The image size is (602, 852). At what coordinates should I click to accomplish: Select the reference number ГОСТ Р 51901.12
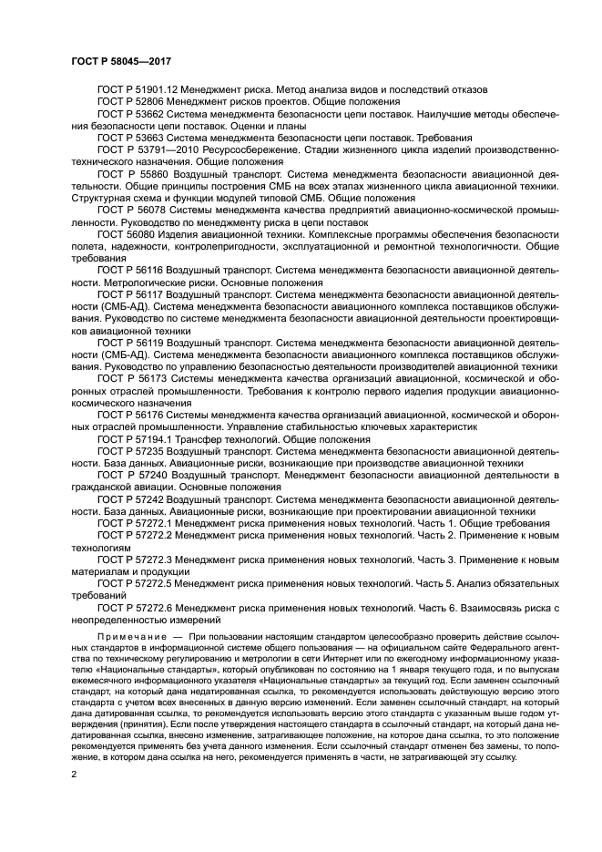[139, 89]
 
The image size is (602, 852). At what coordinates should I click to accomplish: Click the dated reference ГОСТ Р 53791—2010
[151, 149]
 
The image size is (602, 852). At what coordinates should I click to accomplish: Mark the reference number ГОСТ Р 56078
[134, 209]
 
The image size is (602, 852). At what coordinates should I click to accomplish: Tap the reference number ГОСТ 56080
[128, 233]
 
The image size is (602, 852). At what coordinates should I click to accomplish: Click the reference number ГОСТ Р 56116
[133, 270]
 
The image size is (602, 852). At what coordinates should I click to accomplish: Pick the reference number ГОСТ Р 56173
[134, 377]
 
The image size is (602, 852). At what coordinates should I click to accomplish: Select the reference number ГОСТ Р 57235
[133, 450]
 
